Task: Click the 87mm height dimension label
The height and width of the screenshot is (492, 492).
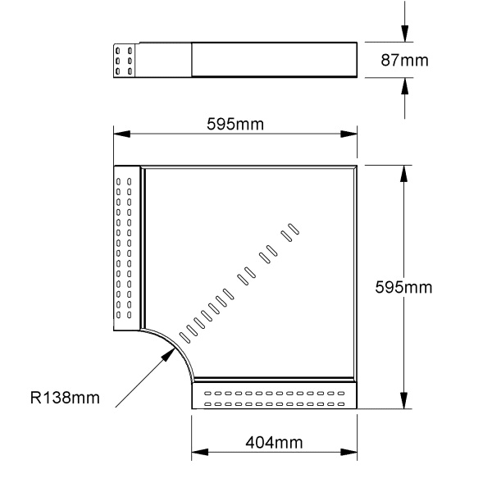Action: click(x=404, y=60)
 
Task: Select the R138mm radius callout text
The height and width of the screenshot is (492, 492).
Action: click(x=65, y=398)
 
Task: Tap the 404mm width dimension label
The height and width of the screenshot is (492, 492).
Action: click(x=274, y=443)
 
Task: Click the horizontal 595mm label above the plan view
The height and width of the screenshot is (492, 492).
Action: click(x=235, y=124)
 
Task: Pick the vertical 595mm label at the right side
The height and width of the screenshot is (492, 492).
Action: click(x=403, y=287)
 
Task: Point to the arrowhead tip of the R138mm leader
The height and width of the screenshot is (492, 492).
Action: click(x=175, y=348)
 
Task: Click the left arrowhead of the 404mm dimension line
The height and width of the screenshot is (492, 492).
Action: click(x=199, y=452)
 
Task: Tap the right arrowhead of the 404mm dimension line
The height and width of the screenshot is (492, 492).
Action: click(x=349, y=452)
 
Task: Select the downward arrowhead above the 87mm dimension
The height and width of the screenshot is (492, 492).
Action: click(x=405, y=34)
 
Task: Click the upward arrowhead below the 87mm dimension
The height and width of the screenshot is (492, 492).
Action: click(x=405, y=85)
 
